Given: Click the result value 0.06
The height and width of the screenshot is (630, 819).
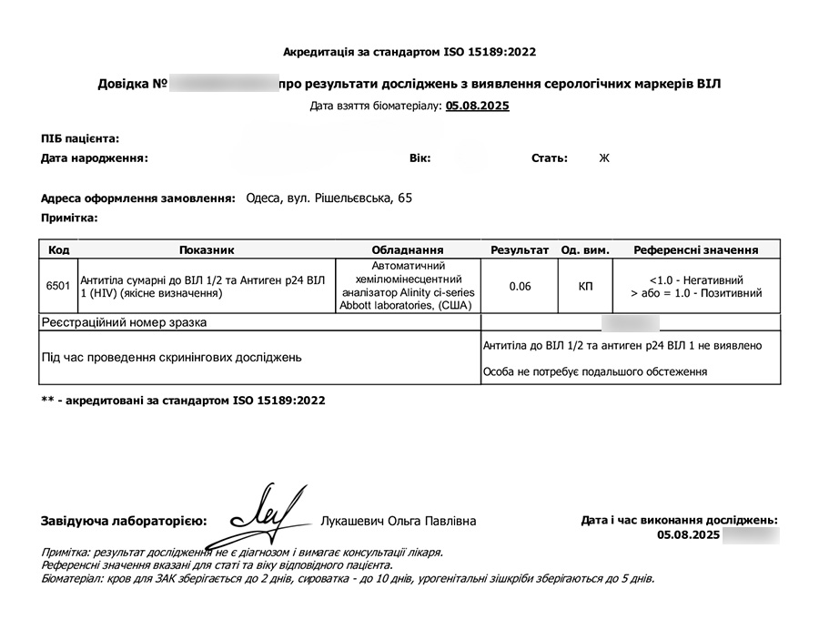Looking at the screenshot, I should coord(521,286).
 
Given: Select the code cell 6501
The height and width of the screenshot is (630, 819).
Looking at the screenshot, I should coord(57,286).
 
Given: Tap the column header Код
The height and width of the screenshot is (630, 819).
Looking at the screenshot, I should coord(58,249).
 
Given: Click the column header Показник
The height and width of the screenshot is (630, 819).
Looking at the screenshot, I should coord(207,249).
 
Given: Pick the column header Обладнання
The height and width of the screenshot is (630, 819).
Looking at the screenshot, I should coord(407,249).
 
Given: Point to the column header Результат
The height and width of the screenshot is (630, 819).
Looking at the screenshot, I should coord(520,249).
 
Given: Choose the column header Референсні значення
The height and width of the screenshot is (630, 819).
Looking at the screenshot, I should coord(696,249).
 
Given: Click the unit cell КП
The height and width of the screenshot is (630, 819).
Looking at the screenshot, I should coord(585,286).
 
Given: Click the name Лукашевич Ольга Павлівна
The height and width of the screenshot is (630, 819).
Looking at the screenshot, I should coord(399,522).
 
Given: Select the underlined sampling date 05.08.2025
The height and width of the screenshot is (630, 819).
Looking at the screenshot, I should coord(478,106).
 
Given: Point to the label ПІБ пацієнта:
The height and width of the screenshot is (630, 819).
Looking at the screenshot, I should coord(80,138).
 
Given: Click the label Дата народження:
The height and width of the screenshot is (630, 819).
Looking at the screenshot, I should coord(95,158).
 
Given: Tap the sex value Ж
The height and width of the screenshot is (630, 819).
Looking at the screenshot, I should coord(603,158).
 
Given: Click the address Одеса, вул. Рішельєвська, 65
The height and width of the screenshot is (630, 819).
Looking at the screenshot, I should coord(329,198).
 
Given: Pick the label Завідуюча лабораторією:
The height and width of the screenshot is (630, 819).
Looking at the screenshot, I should coord(124,522).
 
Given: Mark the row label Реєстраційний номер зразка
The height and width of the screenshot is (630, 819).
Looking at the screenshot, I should coord(124,322).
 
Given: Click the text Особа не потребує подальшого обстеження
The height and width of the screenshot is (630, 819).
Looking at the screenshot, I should coord(595,371).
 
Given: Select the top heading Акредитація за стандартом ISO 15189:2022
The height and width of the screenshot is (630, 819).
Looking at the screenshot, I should coord(416,52).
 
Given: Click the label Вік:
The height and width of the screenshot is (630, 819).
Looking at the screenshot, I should coord(420,158).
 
